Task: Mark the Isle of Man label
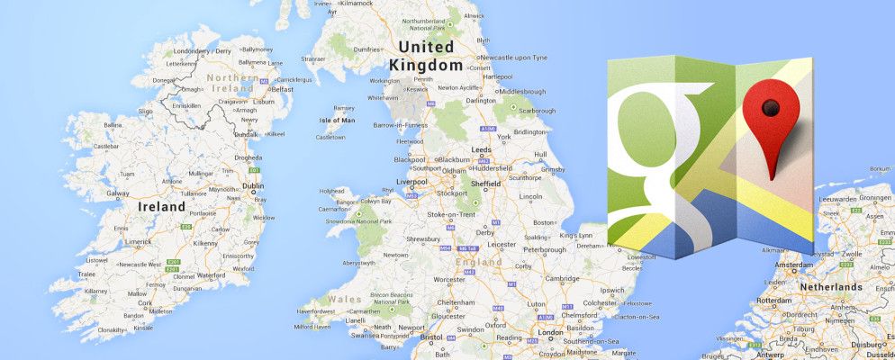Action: point(337,120)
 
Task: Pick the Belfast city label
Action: point(283,89)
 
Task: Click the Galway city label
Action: point(119,192)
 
